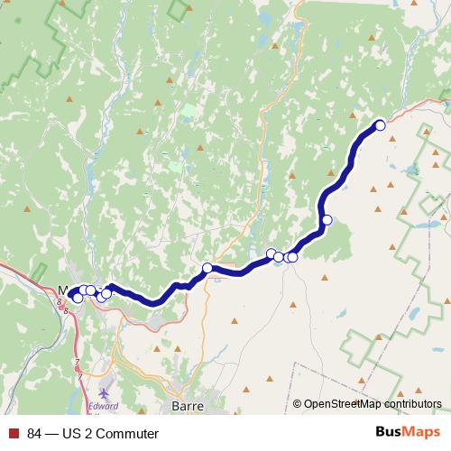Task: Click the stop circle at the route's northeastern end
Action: click(x=380, y=125)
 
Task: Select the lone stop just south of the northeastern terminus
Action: click(x=327, y=219)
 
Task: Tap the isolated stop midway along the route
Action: click(x=207, y=268)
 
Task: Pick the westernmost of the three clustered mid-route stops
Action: click(x=271, y=253)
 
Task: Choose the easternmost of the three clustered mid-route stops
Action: click(x=292, y=257)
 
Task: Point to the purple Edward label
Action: click(x=104, y=381)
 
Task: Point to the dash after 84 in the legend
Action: click(x=49, y=434)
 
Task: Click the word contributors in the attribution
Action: click(x=411, y=404)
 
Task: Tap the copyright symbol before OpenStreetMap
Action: click(x=298, y=404)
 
